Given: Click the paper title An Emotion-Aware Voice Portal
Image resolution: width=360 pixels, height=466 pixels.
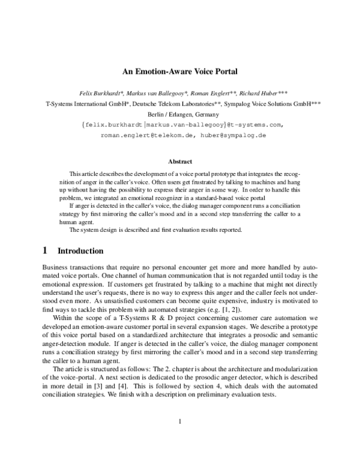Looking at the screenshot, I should [x=180, y=71].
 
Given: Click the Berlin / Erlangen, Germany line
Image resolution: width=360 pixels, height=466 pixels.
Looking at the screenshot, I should [x=180, y=114].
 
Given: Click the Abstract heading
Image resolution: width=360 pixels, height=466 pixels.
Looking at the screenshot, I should [x=180, y=162].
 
